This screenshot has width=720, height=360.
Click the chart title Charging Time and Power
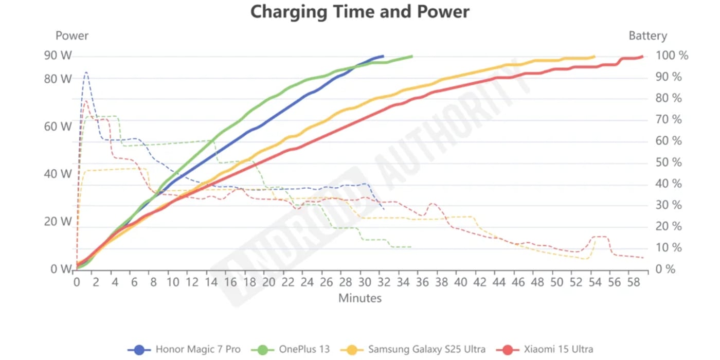[x=359, y=11]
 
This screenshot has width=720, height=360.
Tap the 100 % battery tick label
[x=672, y=56]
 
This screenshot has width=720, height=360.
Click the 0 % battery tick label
[x=667, y=269]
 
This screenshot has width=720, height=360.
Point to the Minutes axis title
[x=360, y=298]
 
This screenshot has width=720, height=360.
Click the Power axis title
[x=72, y=35]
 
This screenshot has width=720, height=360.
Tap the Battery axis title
[x=647, y=35]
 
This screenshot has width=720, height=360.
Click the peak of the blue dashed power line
[x=86, y=73]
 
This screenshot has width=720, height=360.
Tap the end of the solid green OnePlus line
[x=411, y=56]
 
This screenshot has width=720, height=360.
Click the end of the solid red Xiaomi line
[x=642, y=56]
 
